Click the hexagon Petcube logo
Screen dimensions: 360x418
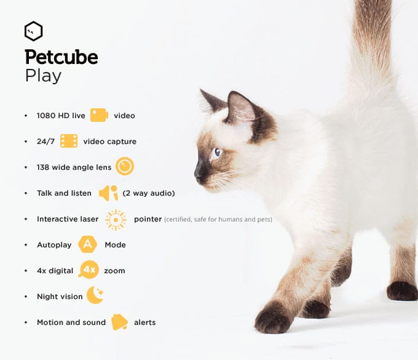click(x=33, y=31)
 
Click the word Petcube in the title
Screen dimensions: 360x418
click(x=61, y=58)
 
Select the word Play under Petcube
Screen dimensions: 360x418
click(x=43, y=76)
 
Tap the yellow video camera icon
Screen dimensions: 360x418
click(x=99, y=115)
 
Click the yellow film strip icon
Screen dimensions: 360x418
click(x=69, y=141)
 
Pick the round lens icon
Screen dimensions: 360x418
click(x=125, y=167)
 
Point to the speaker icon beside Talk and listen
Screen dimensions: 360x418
click(x=108, y=193)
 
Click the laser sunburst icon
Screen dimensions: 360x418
click(x=116, y=219)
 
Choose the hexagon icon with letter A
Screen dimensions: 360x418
click(x=88, y=244)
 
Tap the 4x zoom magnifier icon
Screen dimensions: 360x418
click(x=89, y=270)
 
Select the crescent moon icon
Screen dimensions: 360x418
click(x=95, y=295)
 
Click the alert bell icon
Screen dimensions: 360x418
click(x=119, y=322)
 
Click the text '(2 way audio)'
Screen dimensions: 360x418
click(x=149, y=193)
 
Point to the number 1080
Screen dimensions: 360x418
click(x=45, y=116)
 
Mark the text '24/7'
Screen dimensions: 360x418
click(x=45, y=142)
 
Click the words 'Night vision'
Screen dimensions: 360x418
click(x=60, y=297)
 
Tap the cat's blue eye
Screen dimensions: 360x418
click(x=216, y=152)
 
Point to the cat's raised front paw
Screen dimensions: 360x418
click(x=271, y=319)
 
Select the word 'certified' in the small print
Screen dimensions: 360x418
click(x=179, y=220)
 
